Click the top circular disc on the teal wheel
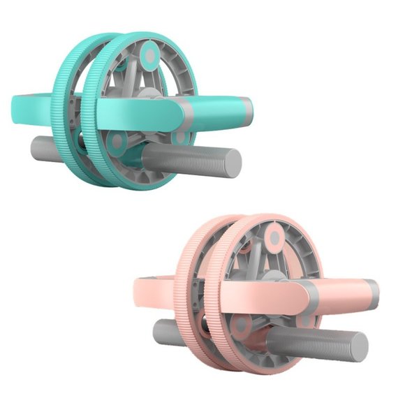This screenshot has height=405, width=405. pos(150,54)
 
